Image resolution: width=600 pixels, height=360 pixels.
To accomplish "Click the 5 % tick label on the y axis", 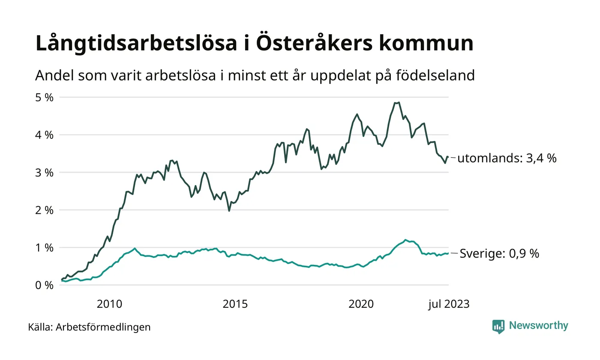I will click(44, 97).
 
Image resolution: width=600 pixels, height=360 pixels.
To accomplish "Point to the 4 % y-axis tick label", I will click(44, 135).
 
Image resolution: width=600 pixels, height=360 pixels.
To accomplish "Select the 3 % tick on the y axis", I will click(44, 172).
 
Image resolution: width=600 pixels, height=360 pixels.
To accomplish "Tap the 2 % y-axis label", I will click(44, 210).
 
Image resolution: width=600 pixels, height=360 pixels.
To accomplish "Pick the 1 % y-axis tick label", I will click(44, 248).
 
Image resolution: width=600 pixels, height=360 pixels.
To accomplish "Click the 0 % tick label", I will click(44, 285).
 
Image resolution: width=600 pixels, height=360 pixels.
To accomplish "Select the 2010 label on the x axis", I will click(109, 305).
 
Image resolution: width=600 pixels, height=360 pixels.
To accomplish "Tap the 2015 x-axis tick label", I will click(235, 305).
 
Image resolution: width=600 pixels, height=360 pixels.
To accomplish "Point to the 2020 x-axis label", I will click(361, 305).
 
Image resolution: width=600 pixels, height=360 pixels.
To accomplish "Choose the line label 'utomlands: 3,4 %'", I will click(507, 159).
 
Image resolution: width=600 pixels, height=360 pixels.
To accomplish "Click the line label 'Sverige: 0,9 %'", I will click(499, 254).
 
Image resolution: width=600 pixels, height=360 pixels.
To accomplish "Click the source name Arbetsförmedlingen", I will click(103, 327).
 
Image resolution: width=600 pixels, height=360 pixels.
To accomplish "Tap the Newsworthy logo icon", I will click(498, 327).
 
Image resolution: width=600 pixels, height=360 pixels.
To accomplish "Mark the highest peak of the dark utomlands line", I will click(399, 102).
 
